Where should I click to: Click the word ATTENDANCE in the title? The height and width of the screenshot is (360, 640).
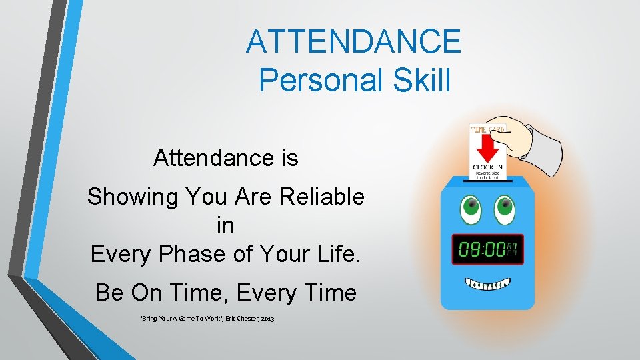pos(353,41)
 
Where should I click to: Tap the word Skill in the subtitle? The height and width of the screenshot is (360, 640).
pos(418,80)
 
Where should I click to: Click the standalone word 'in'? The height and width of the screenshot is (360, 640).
pos(225,225)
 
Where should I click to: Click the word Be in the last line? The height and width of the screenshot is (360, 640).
pos(109,292)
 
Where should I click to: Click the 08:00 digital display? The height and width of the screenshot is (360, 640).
pos(487,250)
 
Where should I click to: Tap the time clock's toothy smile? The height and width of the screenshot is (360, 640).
pos(487,284)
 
